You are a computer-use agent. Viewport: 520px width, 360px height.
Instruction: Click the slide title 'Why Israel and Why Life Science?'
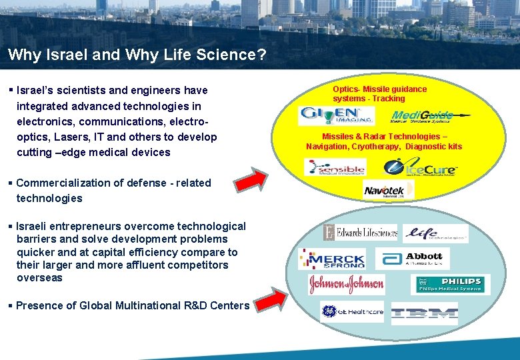pyautogui.click(x=137, y=55)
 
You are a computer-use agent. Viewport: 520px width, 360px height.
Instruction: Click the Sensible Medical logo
pyautogui.click(x=335, y=167)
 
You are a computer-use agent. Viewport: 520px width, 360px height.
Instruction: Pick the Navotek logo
pyautogui.click(x=385, y=191)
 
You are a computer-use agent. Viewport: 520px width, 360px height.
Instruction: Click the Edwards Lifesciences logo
pyautogui.click(x=360, y=232)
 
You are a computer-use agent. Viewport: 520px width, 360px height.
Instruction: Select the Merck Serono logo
pyautogui.click(x=332, y=259)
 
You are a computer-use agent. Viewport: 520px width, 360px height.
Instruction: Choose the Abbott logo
pyautogui.click(x=413, y=258)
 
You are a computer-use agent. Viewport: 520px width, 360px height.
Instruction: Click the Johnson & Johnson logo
pyautogui.click(x=346, y=285)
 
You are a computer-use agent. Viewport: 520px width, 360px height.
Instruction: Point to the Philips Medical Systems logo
pyautogui.click(x=450, y=285)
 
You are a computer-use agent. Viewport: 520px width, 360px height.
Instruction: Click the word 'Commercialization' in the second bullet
pyautogui.click(x=57, y=183)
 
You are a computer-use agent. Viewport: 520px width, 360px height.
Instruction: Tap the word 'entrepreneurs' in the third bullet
pyautogui.click(x=81, y=227)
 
